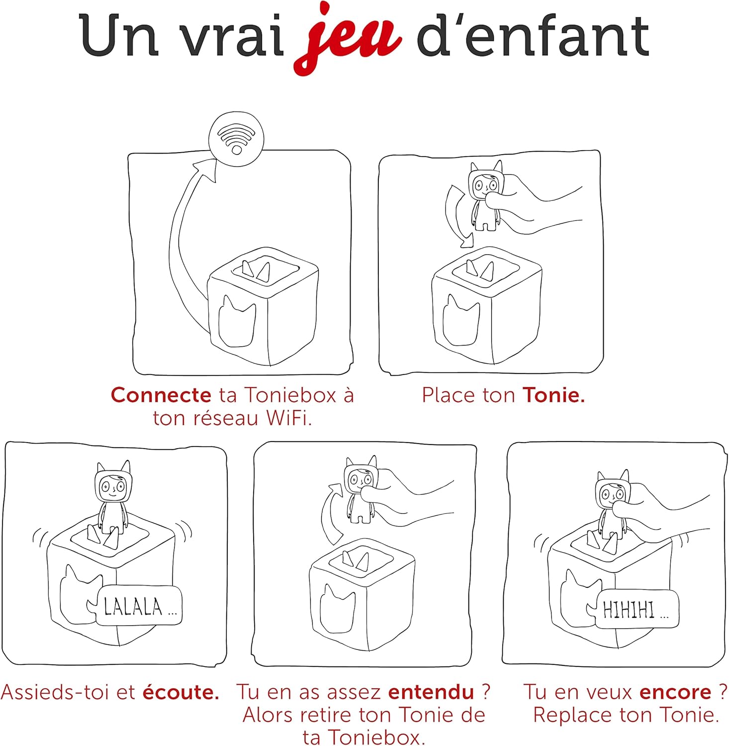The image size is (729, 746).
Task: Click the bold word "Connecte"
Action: click(161, 395)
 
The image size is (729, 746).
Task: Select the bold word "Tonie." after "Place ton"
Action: click(553, 395)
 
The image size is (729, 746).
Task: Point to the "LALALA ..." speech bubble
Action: click(139, 606)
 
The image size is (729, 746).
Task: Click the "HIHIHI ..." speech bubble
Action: click(635, 609)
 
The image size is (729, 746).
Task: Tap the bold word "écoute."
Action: click(181, 692)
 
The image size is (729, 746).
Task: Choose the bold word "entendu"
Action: click(431, 692)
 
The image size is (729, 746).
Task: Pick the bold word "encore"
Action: click(675, 692)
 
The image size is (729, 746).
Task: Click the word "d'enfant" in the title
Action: click(533, 36)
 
